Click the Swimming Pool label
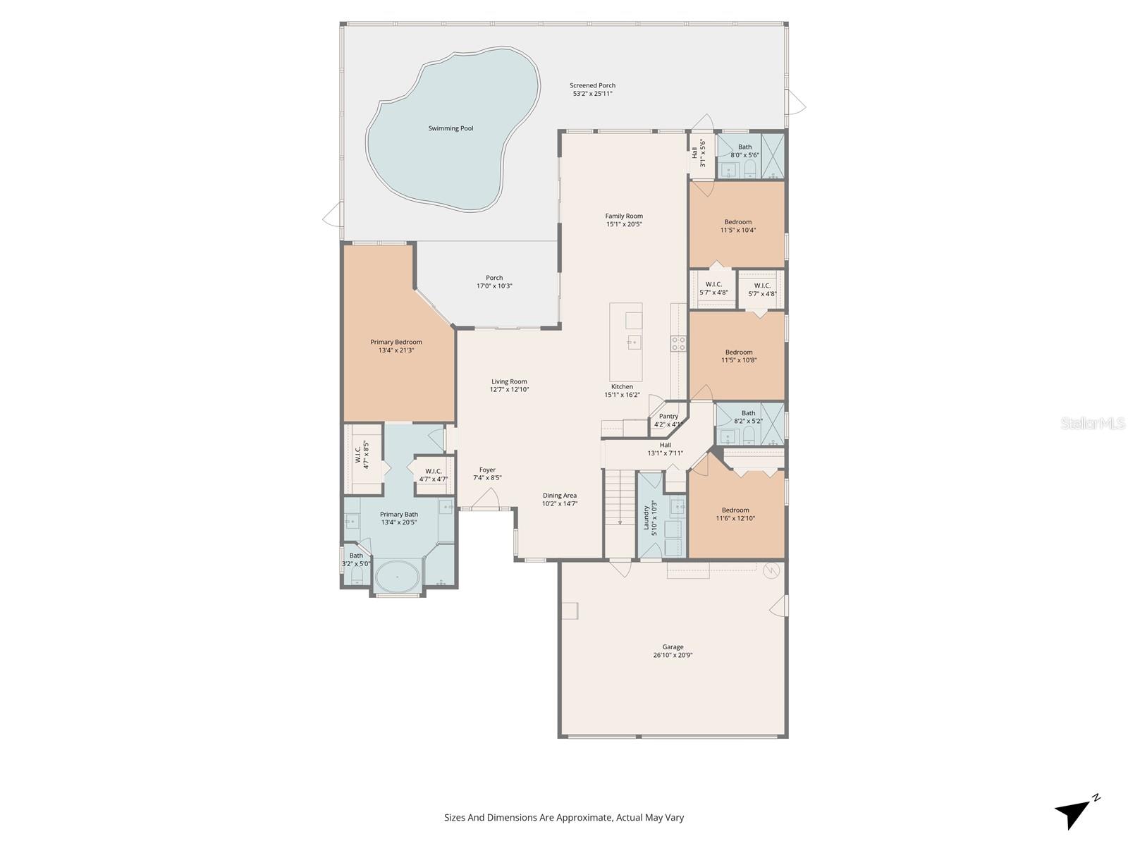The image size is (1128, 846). [x=450, y=128]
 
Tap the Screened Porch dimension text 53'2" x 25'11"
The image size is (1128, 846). [x=592, y=94]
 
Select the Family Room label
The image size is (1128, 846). [x=624, y=216]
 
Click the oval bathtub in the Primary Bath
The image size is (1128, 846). [x=396, y=577]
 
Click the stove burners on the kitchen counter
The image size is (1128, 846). [x=678, y=343]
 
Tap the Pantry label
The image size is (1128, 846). [x=668, y=416]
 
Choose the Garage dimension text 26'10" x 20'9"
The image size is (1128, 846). [x=672, y=655]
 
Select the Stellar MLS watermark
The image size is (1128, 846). [x=1093, y=423]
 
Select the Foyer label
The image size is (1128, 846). [x=487, y=470]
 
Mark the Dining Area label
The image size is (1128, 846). [x=559, y=496]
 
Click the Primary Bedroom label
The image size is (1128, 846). [x=396, y=342]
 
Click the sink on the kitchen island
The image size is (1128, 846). [x=633, y=343]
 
